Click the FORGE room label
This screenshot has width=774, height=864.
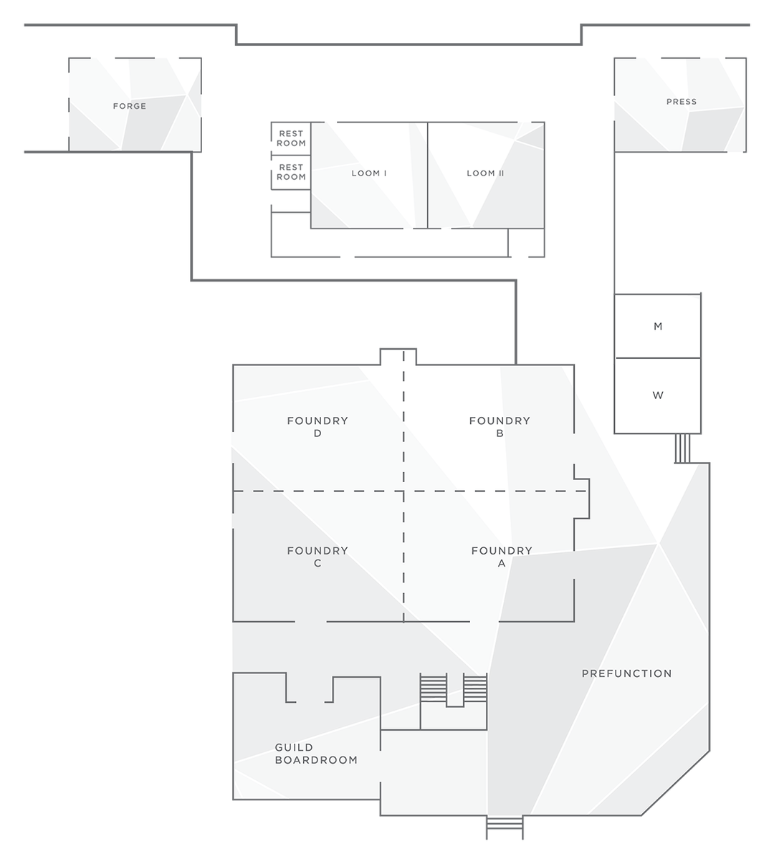pos(129,106)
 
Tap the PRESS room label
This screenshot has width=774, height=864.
pos(681,102)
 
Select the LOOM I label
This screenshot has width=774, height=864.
pos(369,173)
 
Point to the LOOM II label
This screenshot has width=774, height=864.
pos(485,173)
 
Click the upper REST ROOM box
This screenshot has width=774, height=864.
pos(291,138)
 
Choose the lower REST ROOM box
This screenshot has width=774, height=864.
pos(291,172)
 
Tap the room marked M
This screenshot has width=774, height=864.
pos(657,326)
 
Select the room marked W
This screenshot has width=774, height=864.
pos(657,395)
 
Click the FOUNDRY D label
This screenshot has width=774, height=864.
pos(317,426)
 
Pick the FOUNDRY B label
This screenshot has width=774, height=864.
pos(500,426)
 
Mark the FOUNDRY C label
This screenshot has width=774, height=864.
pos(317,556)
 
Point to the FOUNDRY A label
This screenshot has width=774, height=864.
pos(502,556)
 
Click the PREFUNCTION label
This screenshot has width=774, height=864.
pos(626,673)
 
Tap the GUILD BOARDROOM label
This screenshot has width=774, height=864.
pos(315,754)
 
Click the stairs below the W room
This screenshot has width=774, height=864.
pos(682,448)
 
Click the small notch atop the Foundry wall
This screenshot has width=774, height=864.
pos(398,357)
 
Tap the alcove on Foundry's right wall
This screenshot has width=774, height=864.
pos(581,498)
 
